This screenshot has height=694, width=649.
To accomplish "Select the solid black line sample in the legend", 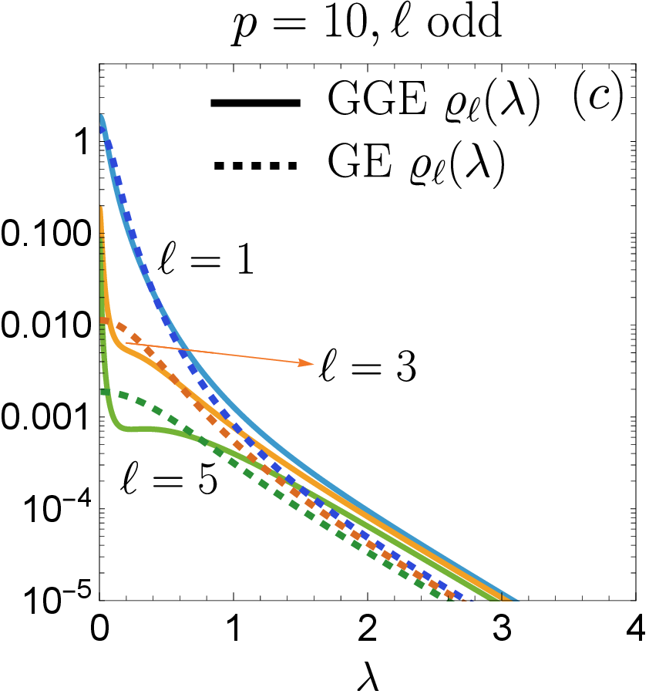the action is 256,103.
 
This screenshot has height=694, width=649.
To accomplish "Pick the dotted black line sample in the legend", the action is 256,166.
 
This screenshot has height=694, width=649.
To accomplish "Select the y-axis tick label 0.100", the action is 46,234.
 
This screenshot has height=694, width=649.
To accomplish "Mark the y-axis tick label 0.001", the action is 46,417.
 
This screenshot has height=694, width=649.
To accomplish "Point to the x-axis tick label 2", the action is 367,628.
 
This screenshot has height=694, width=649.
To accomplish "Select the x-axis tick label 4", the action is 636,628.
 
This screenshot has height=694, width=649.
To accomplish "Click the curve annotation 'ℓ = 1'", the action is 207,259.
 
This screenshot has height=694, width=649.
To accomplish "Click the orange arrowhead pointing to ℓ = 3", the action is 307,362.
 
